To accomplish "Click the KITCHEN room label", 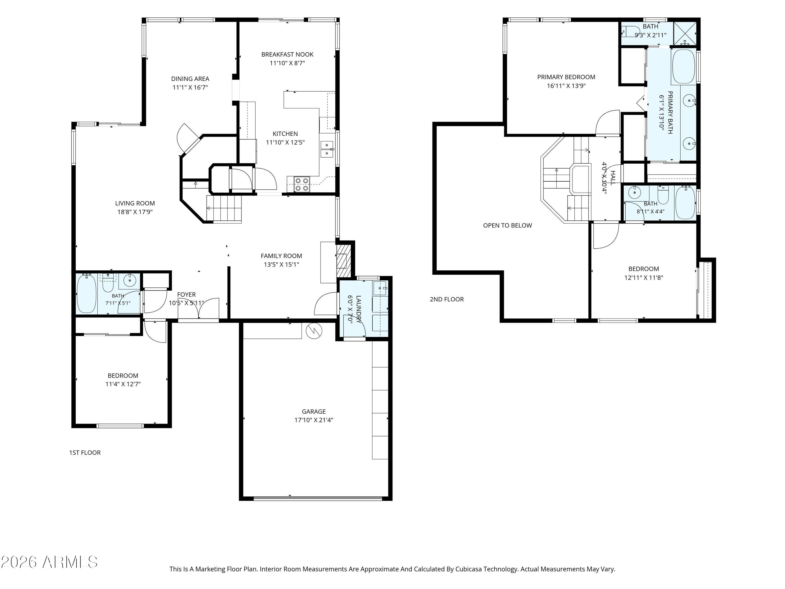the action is [285, 134].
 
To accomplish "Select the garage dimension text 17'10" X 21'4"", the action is [314, 420].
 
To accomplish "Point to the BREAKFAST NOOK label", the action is [288, 54].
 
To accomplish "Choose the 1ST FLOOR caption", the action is [85, 452].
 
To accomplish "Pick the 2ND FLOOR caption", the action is [447, 299].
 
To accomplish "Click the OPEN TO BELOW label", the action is [507, 225].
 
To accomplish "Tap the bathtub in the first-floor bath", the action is [86, 294].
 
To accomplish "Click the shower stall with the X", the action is [685, 33].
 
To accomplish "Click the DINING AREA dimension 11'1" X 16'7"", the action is [190, 87].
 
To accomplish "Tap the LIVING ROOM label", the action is [135, 203].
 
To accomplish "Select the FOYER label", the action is [186, 295].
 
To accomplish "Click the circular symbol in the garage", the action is [314, 331].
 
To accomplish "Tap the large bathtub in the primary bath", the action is [683, 66].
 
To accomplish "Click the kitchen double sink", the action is [327, 149].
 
